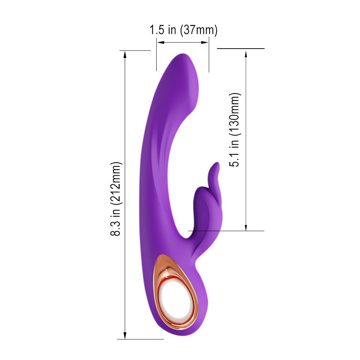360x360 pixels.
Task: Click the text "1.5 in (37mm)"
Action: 184,30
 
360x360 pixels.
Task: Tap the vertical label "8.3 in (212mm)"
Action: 116,199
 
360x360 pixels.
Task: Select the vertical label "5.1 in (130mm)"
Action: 235,130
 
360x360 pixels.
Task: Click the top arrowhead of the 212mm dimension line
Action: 125,55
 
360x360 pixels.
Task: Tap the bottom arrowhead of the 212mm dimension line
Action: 125,335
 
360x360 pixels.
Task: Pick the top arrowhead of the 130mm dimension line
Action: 246,55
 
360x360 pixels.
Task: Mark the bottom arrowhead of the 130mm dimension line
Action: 246,227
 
